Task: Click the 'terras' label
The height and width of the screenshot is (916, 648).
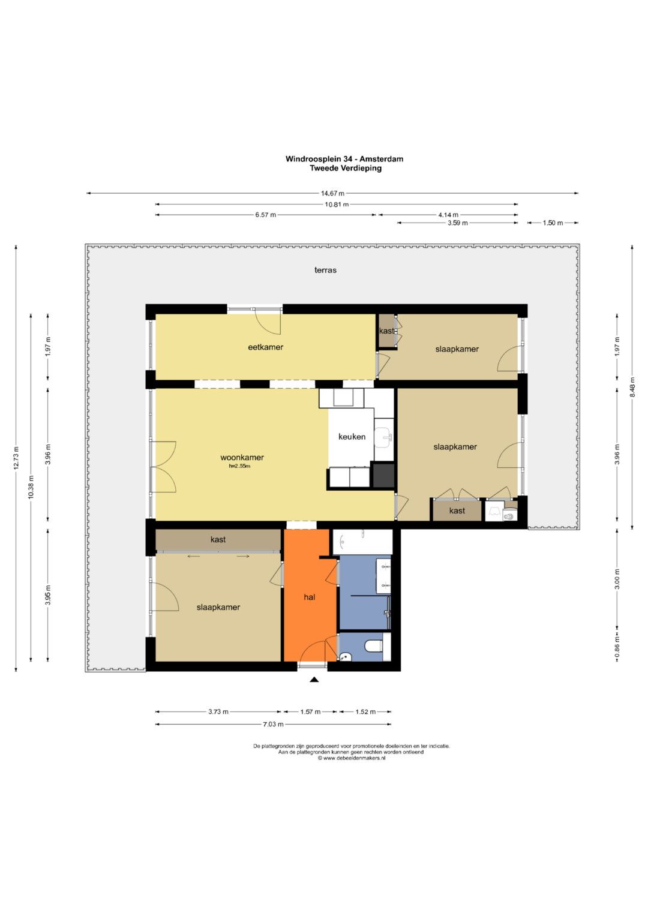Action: (x=325, y=270)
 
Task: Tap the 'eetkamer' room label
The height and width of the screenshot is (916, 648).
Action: (x=265, y=347)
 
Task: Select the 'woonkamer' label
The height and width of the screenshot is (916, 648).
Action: (x=242, y=458)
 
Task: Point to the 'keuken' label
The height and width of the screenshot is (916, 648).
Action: (x=352, y=437)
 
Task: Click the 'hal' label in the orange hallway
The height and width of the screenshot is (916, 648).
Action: (x=309, y=597)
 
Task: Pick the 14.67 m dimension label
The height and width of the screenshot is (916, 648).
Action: (x=332, y=193)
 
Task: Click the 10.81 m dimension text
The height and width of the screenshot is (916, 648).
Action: (x=337, y=204)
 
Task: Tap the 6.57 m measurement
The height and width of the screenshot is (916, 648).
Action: (x=265, y=215)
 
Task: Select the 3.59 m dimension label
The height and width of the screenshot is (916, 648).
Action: (x=457, y=223)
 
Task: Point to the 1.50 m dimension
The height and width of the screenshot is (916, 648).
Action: (x=553, y=223)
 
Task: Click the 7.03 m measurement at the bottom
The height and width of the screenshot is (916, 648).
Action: (x=273, y=724)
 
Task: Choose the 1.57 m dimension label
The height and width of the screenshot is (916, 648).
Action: (x=311, y=712)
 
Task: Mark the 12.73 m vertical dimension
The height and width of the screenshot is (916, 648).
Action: (x=16, y=458)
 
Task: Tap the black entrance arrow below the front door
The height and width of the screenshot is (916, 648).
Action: (x=314, y=680)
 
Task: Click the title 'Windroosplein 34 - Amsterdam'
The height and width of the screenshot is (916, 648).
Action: (x=344, y=159)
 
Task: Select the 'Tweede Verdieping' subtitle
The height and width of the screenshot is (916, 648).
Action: (x=346, y=168)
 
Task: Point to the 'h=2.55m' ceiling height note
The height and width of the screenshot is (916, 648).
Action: (x=239, y=465)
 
